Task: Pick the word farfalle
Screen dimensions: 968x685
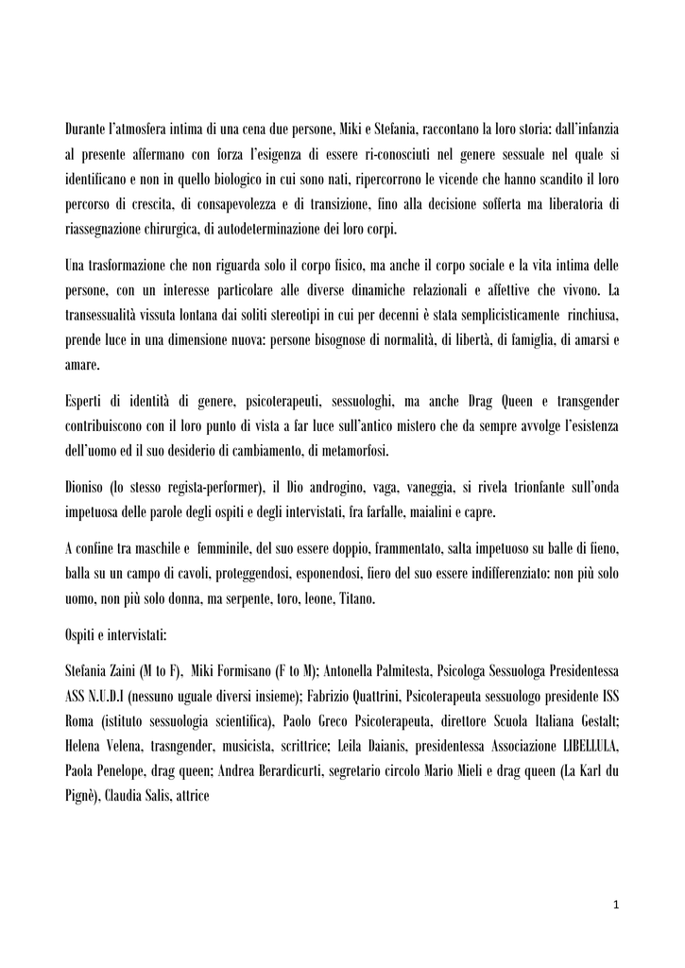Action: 462,511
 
